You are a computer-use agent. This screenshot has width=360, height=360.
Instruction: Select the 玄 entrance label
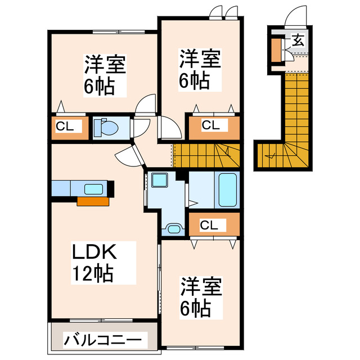tap(298, 40)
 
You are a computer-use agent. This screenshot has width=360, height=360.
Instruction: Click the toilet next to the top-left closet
tap(106, 128)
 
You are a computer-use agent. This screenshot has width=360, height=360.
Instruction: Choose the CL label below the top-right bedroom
tap(211, 125)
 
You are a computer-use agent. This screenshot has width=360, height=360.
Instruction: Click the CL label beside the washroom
tap(209, 226)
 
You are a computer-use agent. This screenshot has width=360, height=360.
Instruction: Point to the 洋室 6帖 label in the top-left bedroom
tap(105, 74)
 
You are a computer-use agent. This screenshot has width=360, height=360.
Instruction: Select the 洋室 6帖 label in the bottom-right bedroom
tap(200, 296)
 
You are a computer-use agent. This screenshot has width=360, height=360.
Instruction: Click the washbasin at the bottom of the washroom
tap(174, 228)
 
